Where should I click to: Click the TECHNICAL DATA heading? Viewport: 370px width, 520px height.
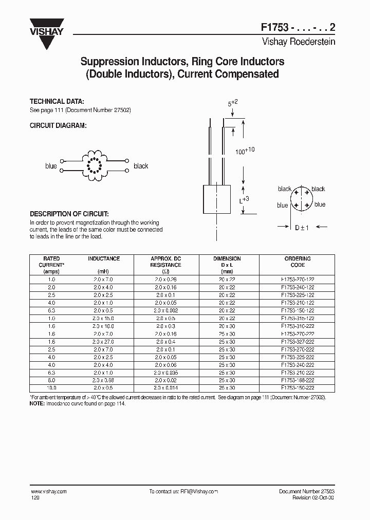[x=53, y=102]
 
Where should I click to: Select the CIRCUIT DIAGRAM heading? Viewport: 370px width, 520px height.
[x=57, y=126]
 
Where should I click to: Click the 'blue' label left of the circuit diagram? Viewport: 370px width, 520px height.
[x=51, y=166]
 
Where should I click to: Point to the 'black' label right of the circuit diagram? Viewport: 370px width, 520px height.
[x=141, y=166]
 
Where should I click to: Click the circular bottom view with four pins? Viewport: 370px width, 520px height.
[x=301, y=198]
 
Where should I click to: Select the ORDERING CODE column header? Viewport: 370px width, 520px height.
[x=298, y=262]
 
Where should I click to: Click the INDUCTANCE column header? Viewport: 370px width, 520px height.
[x=104, y=258]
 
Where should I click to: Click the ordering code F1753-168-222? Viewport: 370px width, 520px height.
[x=298, y=381]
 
